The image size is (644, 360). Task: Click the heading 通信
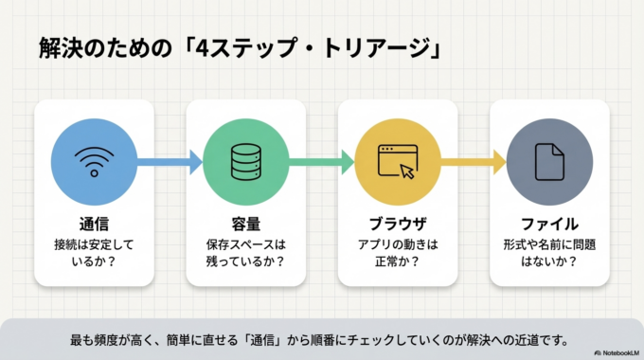94,224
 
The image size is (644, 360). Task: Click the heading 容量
245,224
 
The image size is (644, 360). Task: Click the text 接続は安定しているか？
94,253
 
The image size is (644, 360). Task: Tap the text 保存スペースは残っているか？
245,253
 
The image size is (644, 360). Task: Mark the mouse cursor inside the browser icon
407,171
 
